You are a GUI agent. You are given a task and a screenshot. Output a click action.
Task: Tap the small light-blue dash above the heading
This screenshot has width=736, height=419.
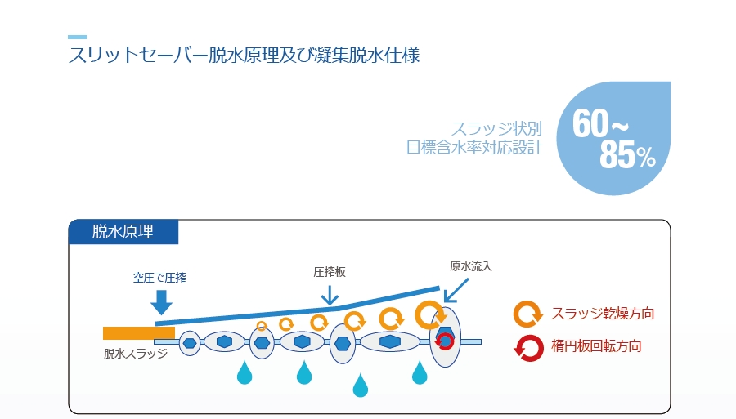[77, 37]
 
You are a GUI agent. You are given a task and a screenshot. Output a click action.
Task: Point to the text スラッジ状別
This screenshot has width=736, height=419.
[496, 129]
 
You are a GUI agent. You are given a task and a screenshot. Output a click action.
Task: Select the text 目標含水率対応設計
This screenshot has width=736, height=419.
[473, 149]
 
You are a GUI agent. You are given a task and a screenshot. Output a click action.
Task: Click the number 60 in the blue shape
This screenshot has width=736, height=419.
[590, 123]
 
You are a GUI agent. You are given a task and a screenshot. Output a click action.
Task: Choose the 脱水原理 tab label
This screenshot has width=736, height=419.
[123, 231]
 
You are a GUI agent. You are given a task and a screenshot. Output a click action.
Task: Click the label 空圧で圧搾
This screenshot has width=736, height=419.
[159, 278]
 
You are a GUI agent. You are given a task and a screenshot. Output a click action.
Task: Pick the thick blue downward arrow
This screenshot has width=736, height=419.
[162, 301]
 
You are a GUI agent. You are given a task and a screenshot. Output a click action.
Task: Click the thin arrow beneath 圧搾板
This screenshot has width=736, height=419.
[330, 294]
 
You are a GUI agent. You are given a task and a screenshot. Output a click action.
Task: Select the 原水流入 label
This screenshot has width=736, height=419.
[470, 266]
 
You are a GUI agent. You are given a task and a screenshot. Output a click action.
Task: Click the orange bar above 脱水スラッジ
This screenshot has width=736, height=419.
[139, 332]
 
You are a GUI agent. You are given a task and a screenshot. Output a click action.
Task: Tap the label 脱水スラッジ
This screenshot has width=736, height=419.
[136, 354]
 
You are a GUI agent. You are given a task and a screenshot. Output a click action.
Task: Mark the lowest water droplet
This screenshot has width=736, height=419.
[361, 386]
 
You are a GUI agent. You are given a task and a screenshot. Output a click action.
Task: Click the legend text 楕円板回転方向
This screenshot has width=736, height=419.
[596, 345]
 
